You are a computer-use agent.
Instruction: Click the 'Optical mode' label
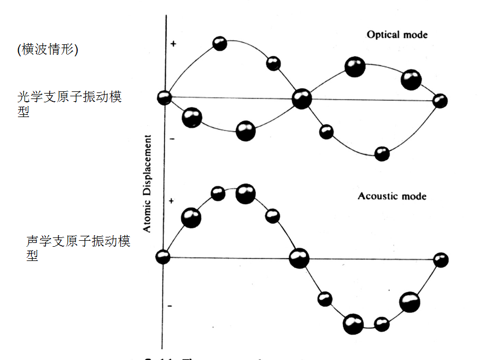pos(397,35)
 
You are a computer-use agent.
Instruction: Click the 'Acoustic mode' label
pos(392,196)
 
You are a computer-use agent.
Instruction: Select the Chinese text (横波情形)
pos(48,49)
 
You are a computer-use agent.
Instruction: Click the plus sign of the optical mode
pos(173,43)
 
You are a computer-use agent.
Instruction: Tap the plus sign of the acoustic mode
pos(171,201)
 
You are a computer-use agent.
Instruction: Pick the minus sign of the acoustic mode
pos(171,305)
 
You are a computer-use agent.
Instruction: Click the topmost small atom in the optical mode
pos(220,43)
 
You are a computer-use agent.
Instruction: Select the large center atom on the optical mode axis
pos(301,100)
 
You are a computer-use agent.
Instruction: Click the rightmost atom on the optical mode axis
pos(440,101)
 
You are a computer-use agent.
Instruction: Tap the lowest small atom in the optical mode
pos(382,154)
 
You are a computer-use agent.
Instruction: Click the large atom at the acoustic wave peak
pos(245,194)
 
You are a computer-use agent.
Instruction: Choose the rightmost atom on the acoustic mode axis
pos(441,260)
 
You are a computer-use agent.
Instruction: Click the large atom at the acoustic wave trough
pos(353,324)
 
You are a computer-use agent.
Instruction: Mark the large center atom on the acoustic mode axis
pos(299,258)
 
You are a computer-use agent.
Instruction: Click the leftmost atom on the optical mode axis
pos(164,98)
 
